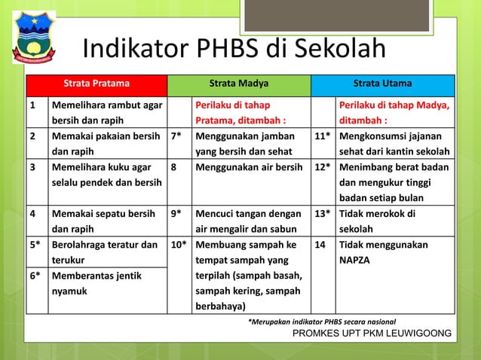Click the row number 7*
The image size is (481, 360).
click(176, 137)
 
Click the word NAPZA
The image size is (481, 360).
click(360, 260)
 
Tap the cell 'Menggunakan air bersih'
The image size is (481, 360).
click(249, 160)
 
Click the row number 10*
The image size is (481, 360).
click(178, 245)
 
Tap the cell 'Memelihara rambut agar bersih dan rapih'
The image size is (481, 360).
click(106, 112)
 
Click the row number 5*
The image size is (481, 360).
click(35, 245)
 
